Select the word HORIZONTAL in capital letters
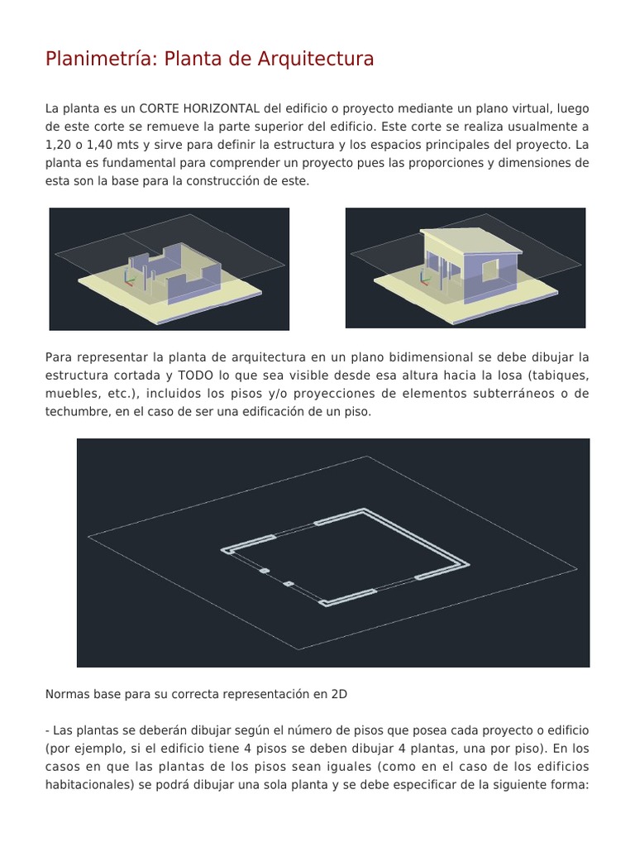click(222, 109)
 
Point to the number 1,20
click(58, 145)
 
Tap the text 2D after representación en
click(339, 695)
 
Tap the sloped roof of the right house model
click(471, 239)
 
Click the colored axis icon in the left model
click(129, 276)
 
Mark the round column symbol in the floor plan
click(265, 571)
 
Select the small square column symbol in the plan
click(289, 584)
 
